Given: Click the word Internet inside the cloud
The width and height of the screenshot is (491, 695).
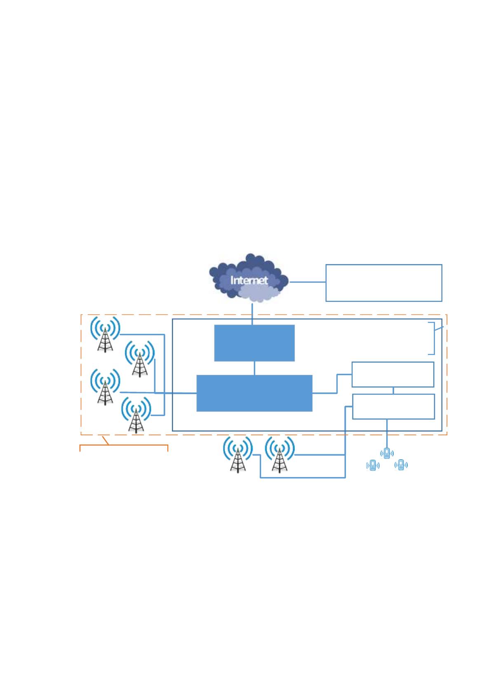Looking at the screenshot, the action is tap(249, 281).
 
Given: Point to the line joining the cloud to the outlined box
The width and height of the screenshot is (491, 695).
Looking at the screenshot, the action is tap(308, 282).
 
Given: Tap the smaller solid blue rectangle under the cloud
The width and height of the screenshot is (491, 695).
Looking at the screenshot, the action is tap(254, 343).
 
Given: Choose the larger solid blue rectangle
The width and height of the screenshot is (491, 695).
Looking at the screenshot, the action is tap(254, 393).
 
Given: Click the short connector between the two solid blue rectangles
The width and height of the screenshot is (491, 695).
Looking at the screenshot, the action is tap(254, 368).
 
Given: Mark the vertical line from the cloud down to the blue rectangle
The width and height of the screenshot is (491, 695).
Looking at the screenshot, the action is tap(252, 314).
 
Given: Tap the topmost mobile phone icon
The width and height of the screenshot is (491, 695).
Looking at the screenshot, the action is tap(387, 453).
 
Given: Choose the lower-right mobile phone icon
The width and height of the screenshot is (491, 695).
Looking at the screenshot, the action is tap(401, 465).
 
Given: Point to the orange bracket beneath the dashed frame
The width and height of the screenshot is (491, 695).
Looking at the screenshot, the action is tap(124, 445).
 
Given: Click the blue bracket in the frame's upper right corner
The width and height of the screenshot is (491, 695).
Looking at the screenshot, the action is tap(434, 338).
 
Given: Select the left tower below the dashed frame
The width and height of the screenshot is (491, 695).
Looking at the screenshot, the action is tap(238, 454).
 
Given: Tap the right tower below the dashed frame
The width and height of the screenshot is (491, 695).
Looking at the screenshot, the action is tap(280, 454).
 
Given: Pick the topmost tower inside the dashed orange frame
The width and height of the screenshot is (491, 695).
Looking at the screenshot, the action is tap(105, 334).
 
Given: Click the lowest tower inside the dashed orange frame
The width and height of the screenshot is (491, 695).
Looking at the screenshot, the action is tap(136, 415).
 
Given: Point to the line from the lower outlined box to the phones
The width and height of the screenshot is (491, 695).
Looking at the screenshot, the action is tap(387, 434).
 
